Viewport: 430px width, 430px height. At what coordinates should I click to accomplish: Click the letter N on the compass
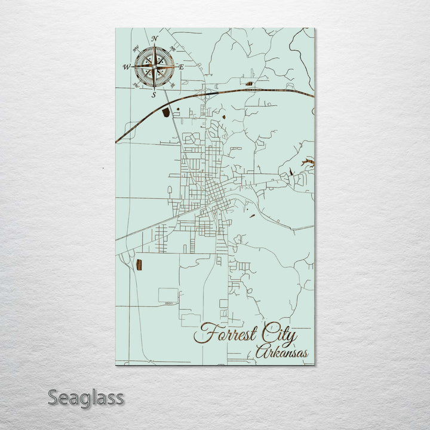tap(155, 39)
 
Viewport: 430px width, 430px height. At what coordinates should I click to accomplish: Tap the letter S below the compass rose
tap(153, 94)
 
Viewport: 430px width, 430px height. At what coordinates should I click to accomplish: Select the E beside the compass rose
tap(182, 67)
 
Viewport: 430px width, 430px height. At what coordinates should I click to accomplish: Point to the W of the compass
tap(127, 67)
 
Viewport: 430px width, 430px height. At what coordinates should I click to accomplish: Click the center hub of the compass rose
tap(154, 67)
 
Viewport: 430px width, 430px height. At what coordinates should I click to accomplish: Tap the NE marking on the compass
tap(173, 47)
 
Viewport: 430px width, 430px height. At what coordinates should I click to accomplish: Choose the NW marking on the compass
tap(136, 47)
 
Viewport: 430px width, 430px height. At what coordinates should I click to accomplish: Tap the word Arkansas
tap(282, 353)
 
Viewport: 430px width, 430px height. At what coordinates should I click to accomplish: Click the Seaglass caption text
tap(86, 397)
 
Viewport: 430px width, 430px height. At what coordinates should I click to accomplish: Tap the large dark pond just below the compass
tap(165, 112)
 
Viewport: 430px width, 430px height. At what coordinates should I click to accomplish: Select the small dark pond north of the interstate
tap(248, 84)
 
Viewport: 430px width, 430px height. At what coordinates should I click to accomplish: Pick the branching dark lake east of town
tap(307, 161)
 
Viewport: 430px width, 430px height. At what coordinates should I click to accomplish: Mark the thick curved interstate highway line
tap(239, 91)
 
